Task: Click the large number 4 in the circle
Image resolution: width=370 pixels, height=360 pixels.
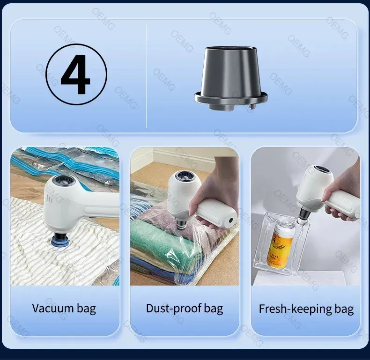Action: tap(75, 74)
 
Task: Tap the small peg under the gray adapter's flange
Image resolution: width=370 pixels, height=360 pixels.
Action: tap(252, 107)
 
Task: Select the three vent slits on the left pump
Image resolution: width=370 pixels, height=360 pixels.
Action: tap(50, 199)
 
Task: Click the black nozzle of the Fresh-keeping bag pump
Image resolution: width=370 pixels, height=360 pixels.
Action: tap(304, 212)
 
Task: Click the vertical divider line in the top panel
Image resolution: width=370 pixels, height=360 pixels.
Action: tap(146, 76)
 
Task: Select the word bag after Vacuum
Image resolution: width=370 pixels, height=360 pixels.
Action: tap(86, 309)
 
